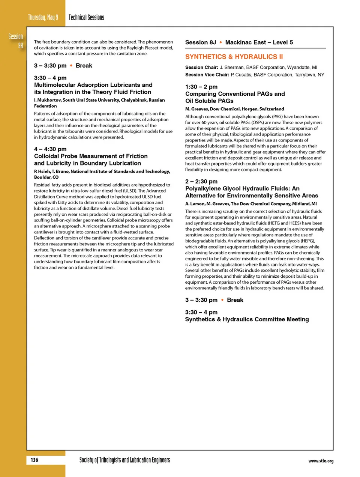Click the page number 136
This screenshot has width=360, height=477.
coord(34,460)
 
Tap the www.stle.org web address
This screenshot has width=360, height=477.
coord(321,461)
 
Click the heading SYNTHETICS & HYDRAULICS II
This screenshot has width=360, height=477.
coord(234,57)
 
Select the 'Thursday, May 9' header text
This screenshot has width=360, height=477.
coord(43,17)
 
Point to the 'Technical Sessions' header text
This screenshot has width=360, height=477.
coord(86,17)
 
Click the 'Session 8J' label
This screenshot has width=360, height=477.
coord(200,42)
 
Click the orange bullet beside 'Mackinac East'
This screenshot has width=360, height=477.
coord(221,42)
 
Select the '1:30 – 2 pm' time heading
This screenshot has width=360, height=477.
coord(201,87)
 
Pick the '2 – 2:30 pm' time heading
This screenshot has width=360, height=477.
coord(201,181)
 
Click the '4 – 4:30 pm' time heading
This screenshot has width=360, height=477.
coord(50,149)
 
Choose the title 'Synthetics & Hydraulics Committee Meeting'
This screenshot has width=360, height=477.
coord(247,319)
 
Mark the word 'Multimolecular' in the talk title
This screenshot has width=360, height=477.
coord(55,85)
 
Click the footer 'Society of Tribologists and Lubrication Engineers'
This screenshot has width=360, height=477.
coord(124,460)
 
